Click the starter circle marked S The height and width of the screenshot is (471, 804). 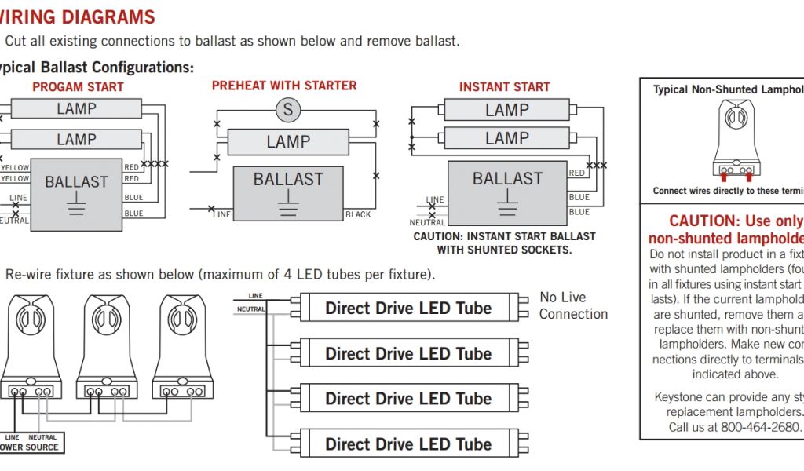click(288, 110)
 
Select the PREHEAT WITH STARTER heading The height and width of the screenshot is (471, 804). click(284, 86)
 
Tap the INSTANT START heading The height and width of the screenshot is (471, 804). click(504, 87)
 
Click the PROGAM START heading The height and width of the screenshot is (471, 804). click(78, 87)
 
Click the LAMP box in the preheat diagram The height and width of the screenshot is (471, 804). click(288, 142)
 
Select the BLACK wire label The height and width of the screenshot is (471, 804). click(358, 214)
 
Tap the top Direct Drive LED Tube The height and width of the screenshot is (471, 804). click(408, 309)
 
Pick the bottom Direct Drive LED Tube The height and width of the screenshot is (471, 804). click(408, 444)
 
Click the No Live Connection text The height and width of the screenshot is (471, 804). click(573, 305)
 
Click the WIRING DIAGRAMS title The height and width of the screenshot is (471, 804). click(78, 17)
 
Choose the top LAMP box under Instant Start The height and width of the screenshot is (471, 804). click(507, 110)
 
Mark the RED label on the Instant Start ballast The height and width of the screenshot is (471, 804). click(576, 173)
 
